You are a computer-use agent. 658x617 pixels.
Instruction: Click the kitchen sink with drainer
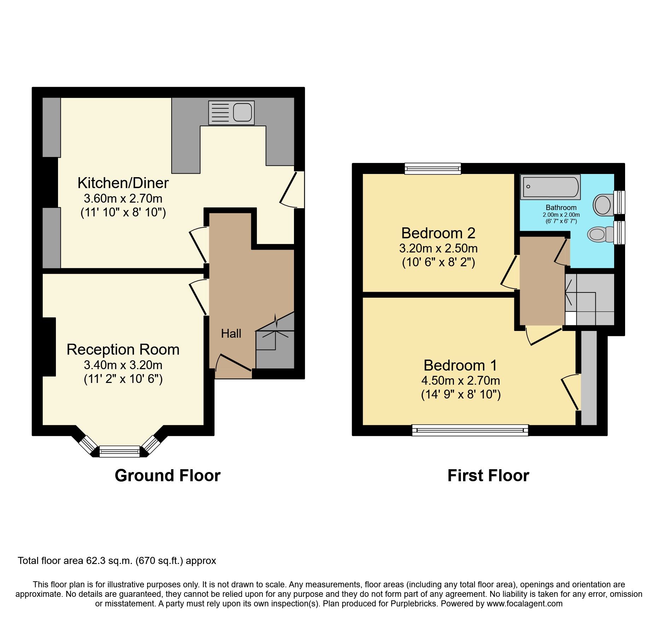231,113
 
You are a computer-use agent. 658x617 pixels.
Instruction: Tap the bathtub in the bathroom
550,187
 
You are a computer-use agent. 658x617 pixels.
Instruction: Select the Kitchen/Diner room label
123,183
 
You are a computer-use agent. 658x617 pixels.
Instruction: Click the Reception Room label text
123,350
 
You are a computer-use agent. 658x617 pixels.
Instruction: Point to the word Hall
231,333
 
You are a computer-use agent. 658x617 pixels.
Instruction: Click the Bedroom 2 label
438,233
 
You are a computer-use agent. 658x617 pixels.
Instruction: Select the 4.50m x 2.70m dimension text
461,381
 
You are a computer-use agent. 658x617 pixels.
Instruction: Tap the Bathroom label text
561,208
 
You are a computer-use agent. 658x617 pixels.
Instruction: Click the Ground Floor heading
167,476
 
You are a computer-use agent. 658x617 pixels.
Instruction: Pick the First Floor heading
488,476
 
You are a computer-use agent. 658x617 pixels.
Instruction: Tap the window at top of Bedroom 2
433,169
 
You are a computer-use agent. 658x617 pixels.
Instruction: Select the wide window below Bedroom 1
470,430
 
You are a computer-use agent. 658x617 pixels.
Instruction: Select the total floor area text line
117,561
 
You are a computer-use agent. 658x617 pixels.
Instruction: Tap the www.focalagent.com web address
525,604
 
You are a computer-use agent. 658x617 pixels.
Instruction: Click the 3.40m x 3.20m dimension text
123,365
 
